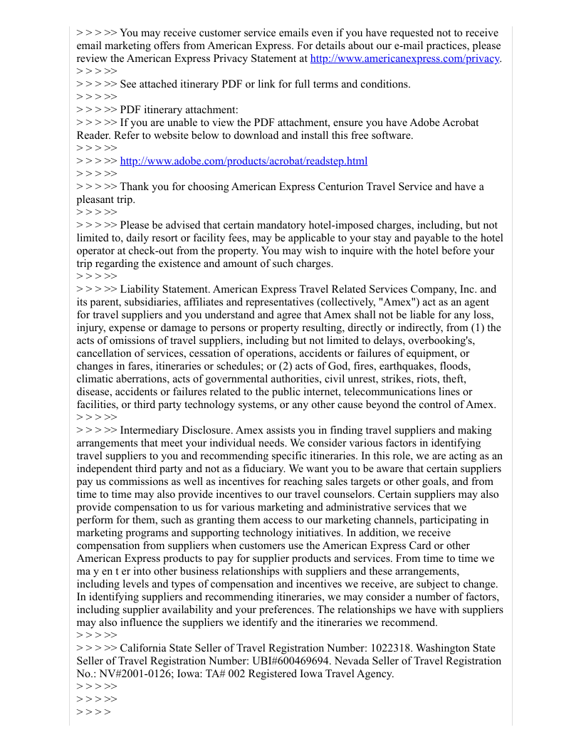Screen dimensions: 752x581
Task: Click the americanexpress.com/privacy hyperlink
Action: (x=405, y=58)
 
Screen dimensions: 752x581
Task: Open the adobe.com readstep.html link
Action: (x=244, y=161)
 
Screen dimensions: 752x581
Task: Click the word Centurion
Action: (x=337, y=187)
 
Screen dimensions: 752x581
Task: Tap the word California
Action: (x=146, y=648)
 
